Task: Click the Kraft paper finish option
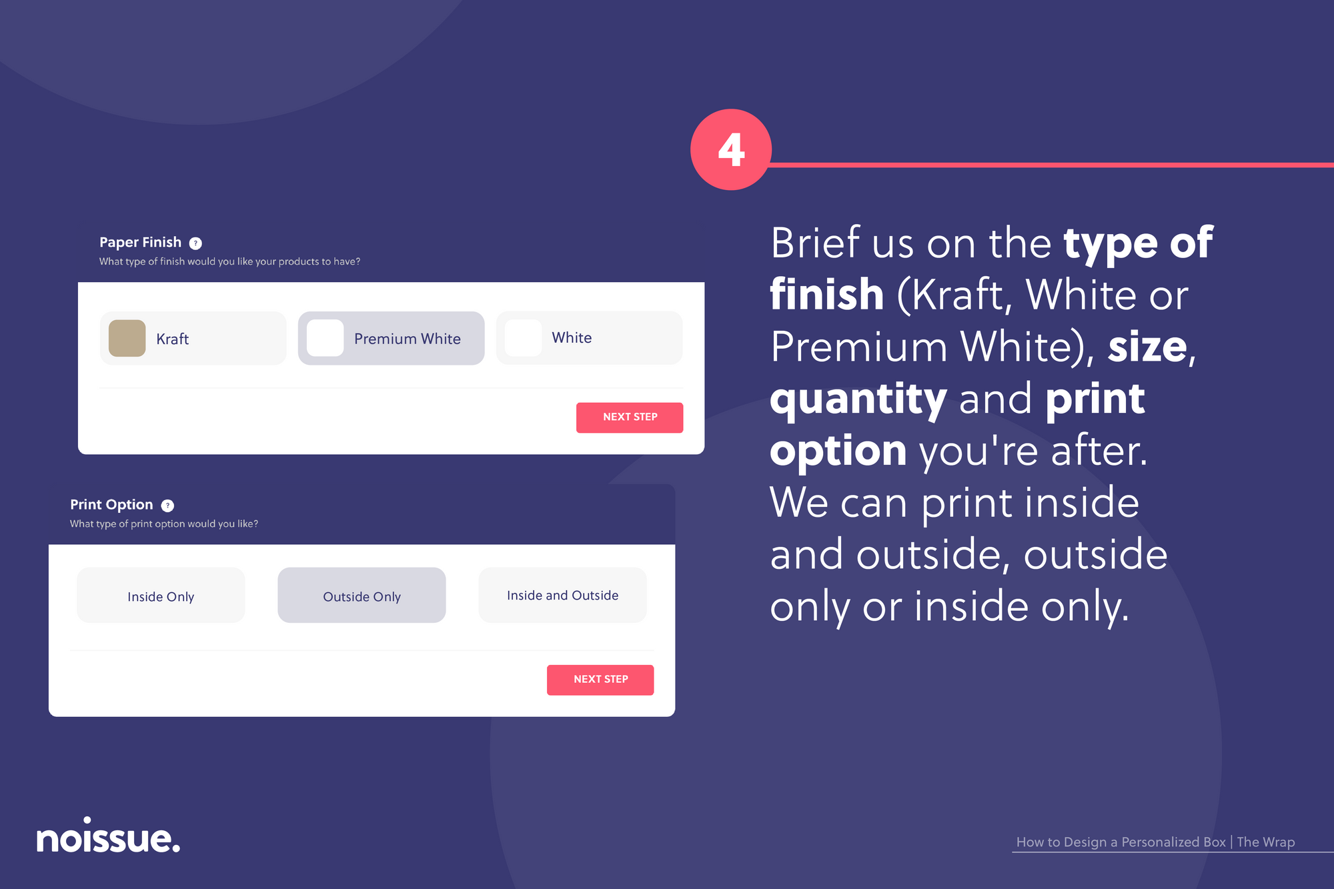pyautogui.click(x=193, y=338)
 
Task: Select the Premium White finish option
pyautogui.click(x=391, y=338)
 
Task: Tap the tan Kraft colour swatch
pyautogui.click(x=127, y=338)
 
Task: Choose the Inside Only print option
pyautogui.click(x=161, y=595)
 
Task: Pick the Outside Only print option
pyautogui.click(x=362, y=595)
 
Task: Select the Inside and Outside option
pyautogui.click(x=562, y=595)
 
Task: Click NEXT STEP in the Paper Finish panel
pyautogui.click(x=630, y=417)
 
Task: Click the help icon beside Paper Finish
pyautogui.click(x=195, y=243)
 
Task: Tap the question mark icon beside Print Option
pyautogui.click(x=167, y=506)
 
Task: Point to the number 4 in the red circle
pyautogui.click(x=731, y=150)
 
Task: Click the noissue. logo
pyautogui.click(x=108, y=835)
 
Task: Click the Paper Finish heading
pyautogui.click(x=140, y=242)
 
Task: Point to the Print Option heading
pyautogui.click(x=111, y=505)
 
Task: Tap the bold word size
pyautogui.click(x=1147, y=347)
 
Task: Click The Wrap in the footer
pyautogui.click(x=1266, y=842)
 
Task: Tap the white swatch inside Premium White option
pyautogui.click(x=325, y=338)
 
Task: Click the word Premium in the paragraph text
pyautogui.click(x=859, y=347)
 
